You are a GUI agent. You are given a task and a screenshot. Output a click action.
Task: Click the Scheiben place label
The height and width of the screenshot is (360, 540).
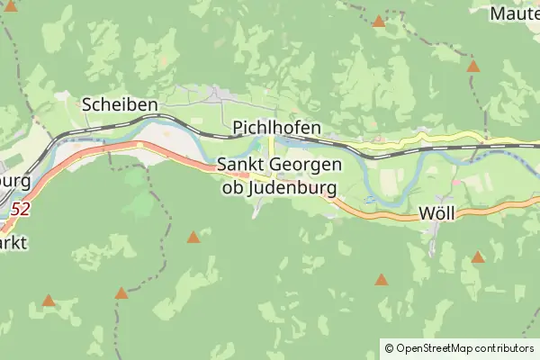[120, 104]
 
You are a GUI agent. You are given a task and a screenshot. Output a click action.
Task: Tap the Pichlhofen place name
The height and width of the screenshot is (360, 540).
[276, 129]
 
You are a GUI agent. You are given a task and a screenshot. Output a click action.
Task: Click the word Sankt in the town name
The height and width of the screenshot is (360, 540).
[238, 166]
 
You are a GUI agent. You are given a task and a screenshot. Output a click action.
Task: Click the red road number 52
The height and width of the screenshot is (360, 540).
[21, 209]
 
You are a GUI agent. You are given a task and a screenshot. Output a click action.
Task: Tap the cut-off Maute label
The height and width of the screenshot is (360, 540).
[515, 13]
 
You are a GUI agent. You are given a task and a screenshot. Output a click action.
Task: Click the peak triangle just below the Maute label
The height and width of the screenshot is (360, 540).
[473, 66]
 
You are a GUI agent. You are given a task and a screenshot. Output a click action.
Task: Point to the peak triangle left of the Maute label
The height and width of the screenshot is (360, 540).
[379, 21]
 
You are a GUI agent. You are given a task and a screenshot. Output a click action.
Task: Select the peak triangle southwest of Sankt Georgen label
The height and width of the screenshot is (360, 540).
[193, 237]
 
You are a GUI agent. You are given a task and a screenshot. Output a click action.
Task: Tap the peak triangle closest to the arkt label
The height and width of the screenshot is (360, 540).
[49, 301]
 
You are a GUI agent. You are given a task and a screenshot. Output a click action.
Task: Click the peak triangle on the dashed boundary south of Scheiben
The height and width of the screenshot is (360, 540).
[121, 292]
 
